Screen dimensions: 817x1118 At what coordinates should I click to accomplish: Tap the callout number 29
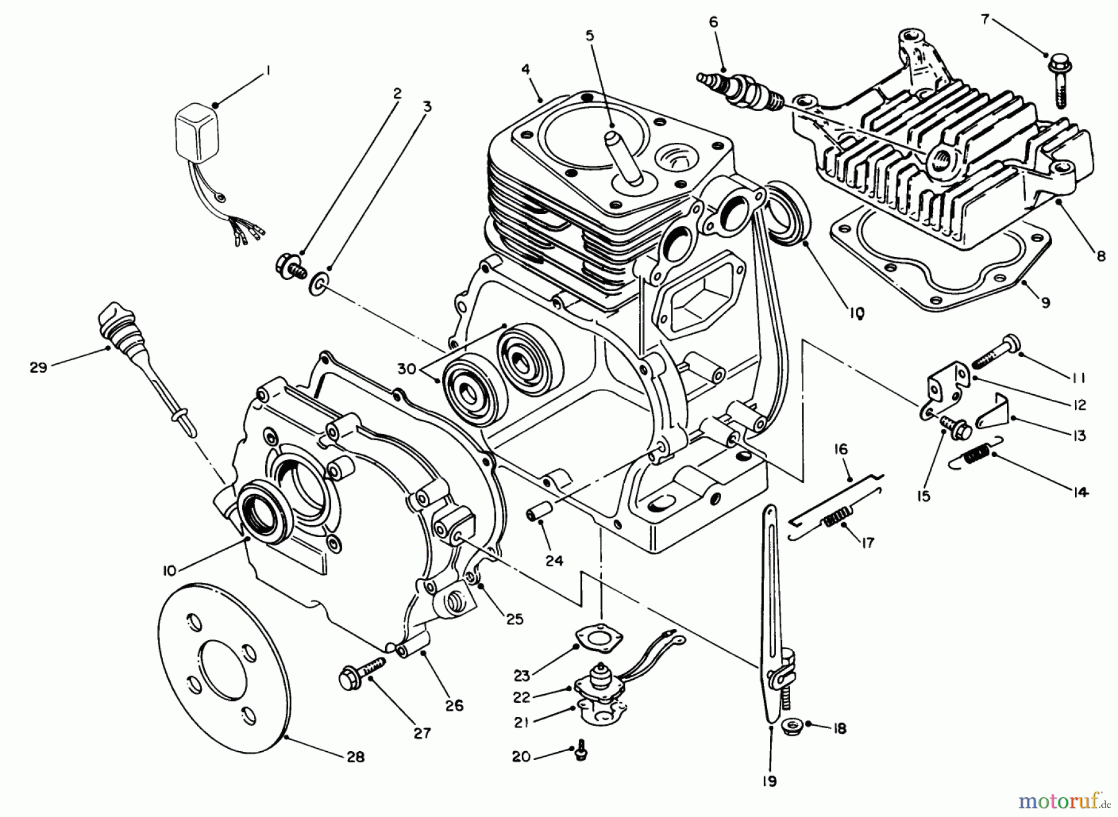point(38,368)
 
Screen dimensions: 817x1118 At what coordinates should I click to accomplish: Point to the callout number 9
point(1045,302)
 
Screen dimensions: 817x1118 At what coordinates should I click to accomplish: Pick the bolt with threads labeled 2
point(291,270)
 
